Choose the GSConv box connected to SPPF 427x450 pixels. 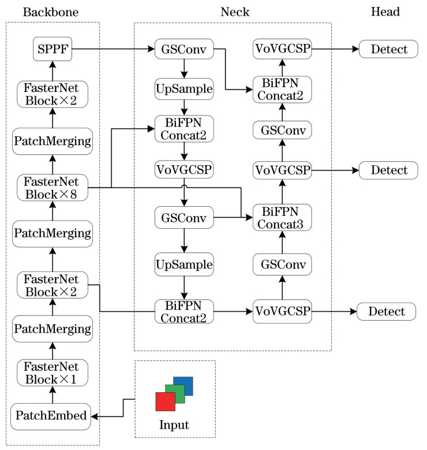click(183, 50)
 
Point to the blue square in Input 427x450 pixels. click(183, 386)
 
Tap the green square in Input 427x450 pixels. click(174, 393)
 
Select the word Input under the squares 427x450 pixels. click(174, 426)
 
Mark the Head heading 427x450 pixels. click(385, 12)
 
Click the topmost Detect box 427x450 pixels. click(387, 50)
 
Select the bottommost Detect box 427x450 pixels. click(386, 312)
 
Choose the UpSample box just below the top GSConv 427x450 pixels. click(183, 90)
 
